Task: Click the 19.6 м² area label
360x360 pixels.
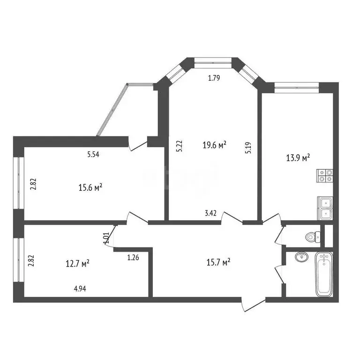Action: [x=214, y=145]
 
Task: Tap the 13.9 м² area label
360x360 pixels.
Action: [x=299, y=158]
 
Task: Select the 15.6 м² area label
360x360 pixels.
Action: [x=90, y=188]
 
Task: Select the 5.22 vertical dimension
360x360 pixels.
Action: [x=179, y=146]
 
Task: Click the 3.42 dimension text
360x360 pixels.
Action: [x=211, y=214]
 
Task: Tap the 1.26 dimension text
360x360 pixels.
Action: [x=133, y=256]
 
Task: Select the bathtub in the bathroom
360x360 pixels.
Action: [x=323, y=274]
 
